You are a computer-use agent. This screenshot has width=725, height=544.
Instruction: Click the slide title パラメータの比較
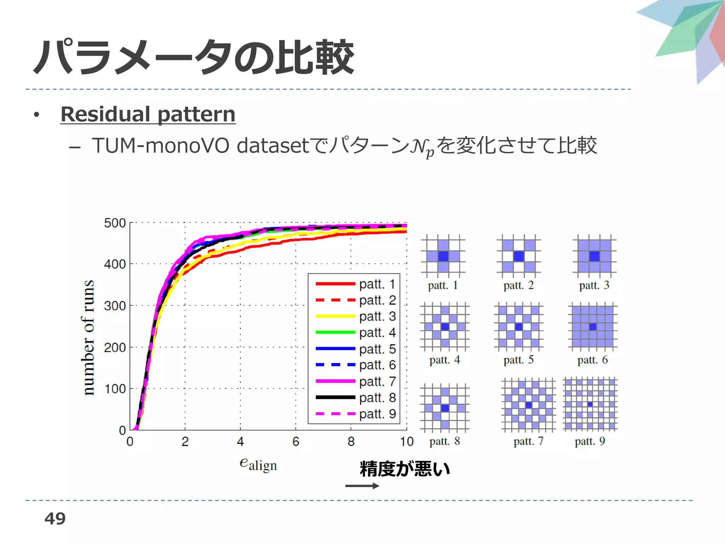(194, 57)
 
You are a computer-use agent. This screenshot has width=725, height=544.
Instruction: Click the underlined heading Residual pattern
(148, 114)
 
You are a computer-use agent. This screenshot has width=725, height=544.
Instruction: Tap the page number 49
(55, 518)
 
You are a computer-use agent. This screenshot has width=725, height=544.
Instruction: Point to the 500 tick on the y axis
(115, 223)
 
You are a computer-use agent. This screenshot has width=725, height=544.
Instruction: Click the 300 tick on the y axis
(115, 306)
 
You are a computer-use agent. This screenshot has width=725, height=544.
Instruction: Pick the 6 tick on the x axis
(296, 442)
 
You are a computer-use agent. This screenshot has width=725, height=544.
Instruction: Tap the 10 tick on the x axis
(406, 442)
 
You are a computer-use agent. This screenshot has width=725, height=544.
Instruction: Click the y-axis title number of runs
(89, 337)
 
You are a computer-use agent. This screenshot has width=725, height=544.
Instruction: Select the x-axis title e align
(258, 464)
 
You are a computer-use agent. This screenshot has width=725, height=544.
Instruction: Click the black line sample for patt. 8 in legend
(335, 397)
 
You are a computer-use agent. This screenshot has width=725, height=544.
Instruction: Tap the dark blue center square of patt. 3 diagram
(594, 256)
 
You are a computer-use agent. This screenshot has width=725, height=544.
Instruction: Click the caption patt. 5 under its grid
(518, 360)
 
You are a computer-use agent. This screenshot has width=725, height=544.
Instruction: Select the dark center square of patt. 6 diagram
(593, 327)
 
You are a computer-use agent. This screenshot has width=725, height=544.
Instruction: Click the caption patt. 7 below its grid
(528, 441)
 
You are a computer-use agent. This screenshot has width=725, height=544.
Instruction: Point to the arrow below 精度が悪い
(362, 486)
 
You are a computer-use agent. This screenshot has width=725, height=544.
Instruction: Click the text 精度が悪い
(405, 469)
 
